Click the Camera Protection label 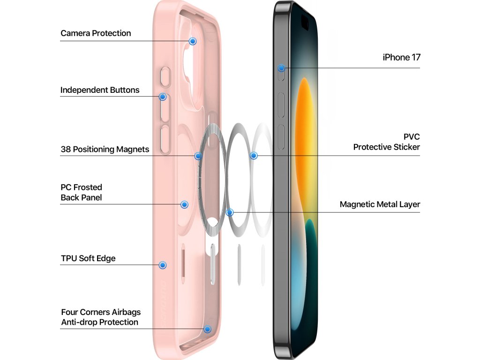[96, 33]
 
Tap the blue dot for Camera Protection [193, 41]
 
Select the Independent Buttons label [100, 90]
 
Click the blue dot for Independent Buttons [163, 97]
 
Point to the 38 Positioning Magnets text [105, 150]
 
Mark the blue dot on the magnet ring [198, 156]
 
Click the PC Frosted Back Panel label [81, 193]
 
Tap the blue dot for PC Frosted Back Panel [185, 204]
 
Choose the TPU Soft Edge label [88, 258]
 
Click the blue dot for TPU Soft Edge [163, 265]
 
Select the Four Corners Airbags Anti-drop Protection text [100, 317]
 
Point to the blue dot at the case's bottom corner [207, 329]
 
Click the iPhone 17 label [401, 58]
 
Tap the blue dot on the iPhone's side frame [281, 68]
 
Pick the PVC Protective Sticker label [387, 142]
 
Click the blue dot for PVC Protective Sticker [254, 155]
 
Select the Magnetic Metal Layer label [380, 204]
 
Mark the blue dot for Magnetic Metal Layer [230, 212]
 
